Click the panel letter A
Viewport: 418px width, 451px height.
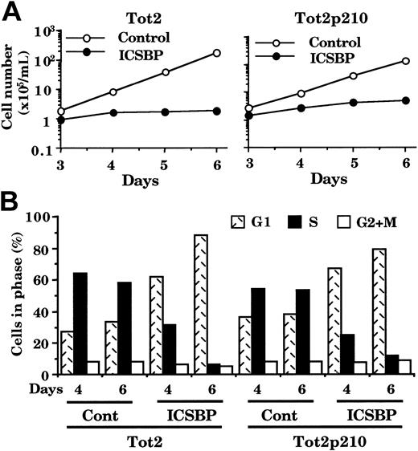[12, 12]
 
